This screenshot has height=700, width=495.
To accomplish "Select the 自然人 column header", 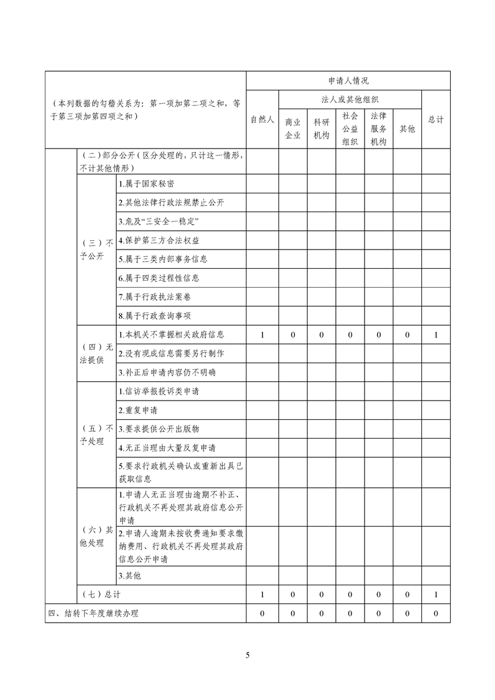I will click(x=262, y=119).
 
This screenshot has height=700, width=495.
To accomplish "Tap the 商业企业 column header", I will click(x=293, y=129).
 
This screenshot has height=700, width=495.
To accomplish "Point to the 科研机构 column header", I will click(x=321, y=129).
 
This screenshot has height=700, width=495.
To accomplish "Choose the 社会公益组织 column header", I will click(x=350, y=128).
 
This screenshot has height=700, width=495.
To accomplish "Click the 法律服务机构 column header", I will click(x=379, y=128).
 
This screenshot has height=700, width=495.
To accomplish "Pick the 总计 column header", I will click(x=436, y=119).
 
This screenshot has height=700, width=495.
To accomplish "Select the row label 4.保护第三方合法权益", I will click(x=159, y=240).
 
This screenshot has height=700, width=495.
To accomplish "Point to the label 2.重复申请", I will click(x=138, y=410).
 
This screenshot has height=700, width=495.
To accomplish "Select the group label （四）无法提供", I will click(x=96, y=353).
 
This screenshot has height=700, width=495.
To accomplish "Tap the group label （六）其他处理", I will click(x=96, y=536).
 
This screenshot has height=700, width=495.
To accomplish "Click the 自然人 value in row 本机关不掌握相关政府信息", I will click(x=262, y=334).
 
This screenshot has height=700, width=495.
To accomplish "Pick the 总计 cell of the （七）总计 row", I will click(x=436, y=595).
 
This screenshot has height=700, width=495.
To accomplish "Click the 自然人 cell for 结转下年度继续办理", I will click(x=262, y=614).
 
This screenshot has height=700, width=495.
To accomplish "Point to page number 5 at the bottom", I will click(x=248, y=655).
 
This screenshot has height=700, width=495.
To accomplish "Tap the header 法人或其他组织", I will click(x=350, y=99).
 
